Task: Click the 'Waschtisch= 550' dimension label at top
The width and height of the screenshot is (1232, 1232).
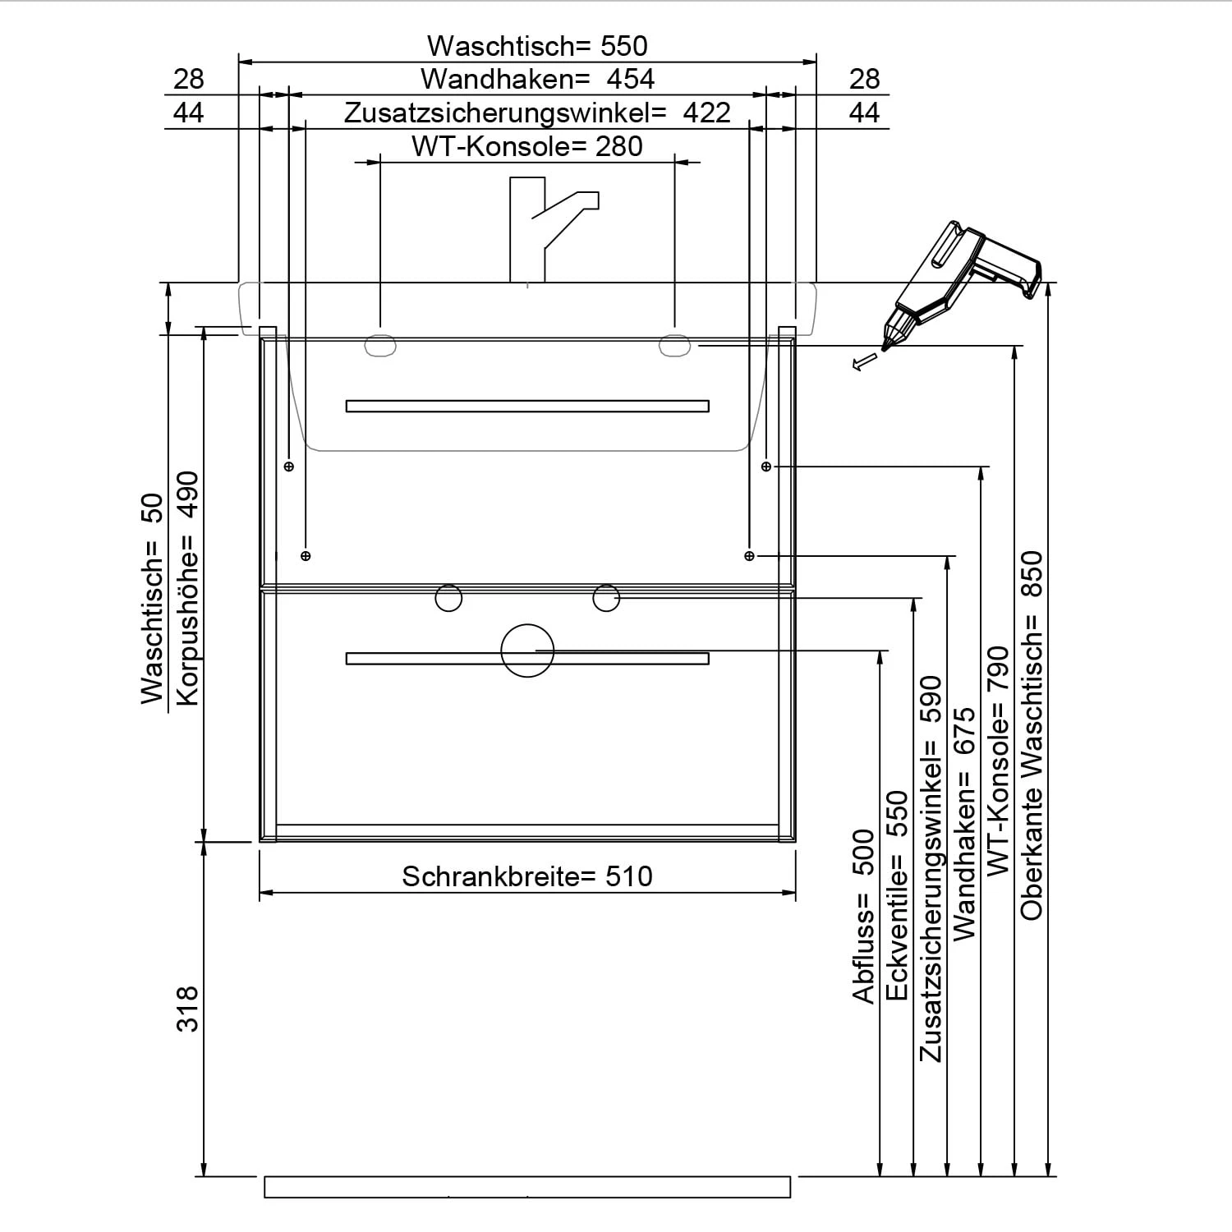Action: (537, 45)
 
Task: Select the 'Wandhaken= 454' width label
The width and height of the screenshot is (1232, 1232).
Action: (537, 79)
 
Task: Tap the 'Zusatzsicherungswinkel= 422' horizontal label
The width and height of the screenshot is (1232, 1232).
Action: (537, 113)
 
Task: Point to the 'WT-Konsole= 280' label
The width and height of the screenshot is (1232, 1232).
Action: (526, 146)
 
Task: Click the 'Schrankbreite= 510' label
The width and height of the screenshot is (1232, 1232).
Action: (526, 876)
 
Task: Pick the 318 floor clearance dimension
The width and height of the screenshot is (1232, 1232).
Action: (188, 1009)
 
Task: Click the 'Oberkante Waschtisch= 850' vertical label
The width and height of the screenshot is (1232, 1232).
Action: (1031, 735)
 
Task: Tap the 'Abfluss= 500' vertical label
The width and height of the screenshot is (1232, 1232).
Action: (864, 916)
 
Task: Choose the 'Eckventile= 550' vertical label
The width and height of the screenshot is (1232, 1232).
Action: (898, 895)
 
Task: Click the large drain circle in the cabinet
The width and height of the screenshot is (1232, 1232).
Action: (527, 650)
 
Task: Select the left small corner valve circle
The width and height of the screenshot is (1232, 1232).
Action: (448, 598)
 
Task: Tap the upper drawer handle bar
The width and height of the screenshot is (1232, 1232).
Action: (526, 406)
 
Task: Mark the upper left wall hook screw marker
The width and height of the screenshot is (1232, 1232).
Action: (288, 467)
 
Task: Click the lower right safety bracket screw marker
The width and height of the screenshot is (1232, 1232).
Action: (748, 556)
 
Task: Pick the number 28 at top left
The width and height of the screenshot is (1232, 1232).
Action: (188, 79)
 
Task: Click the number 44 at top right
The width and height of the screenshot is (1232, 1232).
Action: (864, 113)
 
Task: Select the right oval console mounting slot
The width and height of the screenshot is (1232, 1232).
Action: (673, 346)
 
